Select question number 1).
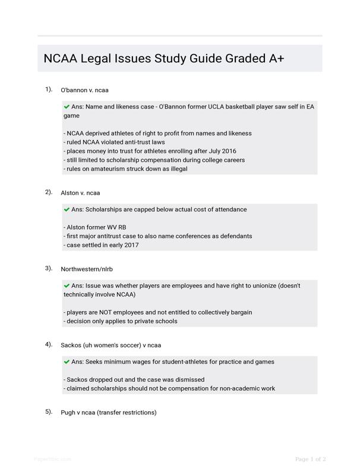click(49, 89)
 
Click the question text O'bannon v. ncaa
click(84, 90)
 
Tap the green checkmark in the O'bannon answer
click(67, 107)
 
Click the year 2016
click(228, 151)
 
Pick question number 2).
click(49, 192)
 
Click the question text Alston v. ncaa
click(80, 193)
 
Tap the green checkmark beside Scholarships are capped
click(67, 210)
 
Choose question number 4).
click(49, 344)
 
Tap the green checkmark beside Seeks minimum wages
click(67, 362)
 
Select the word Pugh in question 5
click(68, 413)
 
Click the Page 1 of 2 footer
click(310, 459)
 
